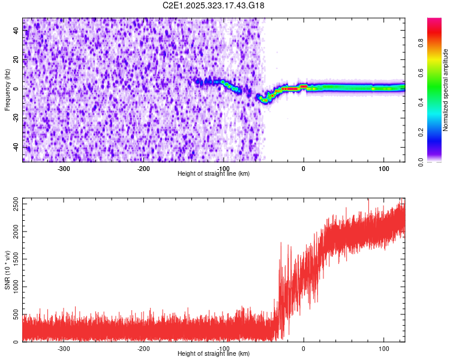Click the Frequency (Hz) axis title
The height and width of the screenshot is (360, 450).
[x=7, y=89]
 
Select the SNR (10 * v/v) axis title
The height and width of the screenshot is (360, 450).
[x=7, y=269]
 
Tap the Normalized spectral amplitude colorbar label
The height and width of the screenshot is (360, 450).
[x=446, y=90]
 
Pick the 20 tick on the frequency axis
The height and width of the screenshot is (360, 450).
[x=17, y=59]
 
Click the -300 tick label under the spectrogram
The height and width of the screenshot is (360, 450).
[x=64, y=168]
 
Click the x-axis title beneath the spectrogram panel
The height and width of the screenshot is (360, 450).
[x=214, y=173]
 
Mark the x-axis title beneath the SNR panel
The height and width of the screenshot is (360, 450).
[x=214, y=354]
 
